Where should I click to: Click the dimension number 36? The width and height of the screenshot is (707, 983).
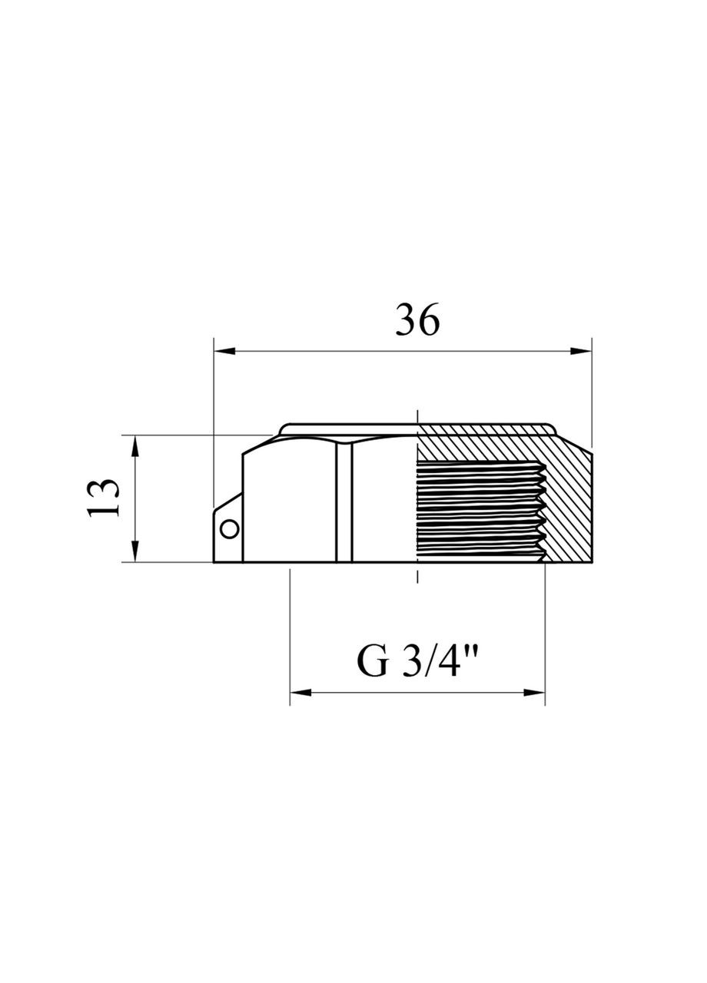(x=417, y=319)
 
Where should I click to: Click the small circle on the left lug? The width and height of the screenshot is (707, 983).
(x=230, y=529)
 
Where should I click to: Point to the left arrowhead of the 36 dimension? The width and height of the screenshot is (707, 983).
(x=224, y=351)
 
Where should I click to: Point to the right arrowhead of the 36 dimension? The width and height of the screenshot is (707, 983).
(x=580, y=351)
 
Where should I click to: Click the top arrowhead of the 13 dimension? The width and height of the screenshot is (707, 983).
(x=136, y=446)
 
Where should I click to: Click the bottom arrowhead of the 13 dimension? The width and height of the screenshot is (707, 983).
(x=136, y=551)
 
